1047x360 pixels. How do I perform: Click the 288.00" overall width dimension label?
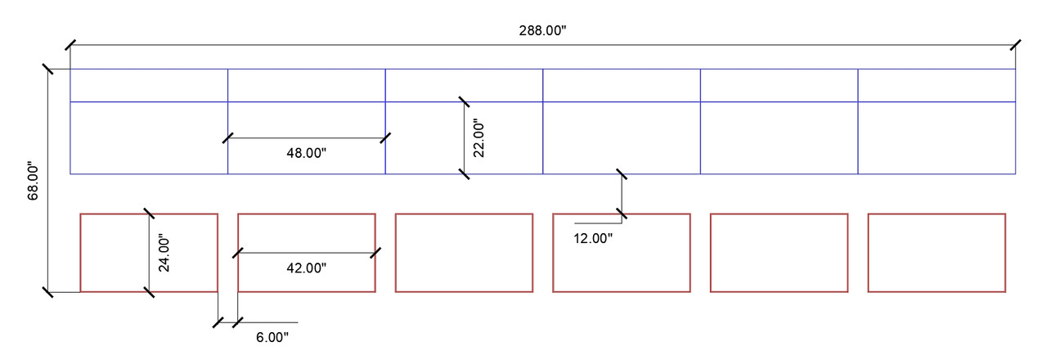[x=542, y=31]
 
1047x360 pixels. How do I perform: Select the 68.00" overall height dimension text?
[x=33, y=182]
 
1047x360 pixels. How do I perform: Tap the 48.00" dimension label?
[x=306, y=153]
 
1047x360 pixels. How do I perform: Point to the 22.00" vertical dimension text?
[x=479, y=138]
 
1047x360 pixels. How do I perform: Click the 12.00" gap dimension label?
[x=593, y=238]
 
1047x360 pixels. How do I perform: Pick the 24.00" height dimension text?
[x=164, y=253]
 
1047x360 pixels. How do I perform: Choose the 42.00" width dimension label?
[x=306, y=268]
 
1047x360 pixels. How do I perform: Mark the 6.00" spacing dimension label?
[x=272, y=337]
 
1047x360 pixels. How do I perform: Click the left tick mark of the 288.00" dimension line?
[x=70, y=45]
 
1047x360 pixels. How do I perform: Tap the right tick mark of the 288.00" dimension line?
[x=1015, y=45]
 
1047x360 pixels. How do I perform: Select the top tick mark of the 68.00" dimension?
[x=47, y=70]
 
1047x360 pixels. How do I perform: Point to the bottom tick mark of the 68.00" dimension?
[x=47, y=292]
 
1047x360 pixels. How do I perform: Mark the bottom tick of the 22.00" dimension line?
[x=464, y=174]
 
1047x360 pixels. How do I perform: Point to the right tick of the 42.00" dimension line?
[x=375, y=253]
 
